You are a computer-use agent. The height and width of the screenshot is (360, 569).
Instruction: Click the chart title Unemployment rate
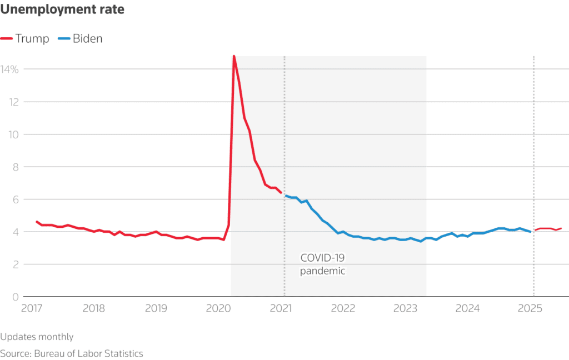[x=62, y=9]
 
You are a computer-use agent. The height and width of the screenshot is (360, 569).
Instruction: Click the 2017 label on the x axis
[x=32, y=308]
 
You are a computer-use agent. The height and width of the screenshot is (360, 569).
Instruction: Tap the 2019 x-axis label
[x=156, y=308]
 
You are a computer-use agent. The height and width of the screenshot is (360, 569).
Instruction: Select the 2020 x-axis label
[x=218, y=308]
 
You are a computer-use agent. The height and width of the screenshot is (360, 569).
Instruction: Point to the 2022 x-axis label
[x=343, y=308]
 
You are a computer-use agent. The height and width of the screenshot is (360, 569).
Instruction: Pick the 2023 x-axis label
[x=406, y=308]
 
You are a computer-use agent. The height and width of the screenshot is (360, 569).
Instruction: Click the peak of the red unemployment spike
[x=234, y=56]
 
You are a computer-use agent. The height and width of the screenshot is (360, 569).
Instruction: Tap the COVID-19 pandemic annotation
[x=322, y=264]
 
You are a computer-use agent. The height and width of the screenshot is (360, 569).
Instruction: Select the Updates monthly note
[x=37, y=337]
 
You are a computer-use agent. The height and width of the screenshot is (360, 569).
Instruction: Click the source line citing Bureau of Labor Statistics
[x=72, y=353]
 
